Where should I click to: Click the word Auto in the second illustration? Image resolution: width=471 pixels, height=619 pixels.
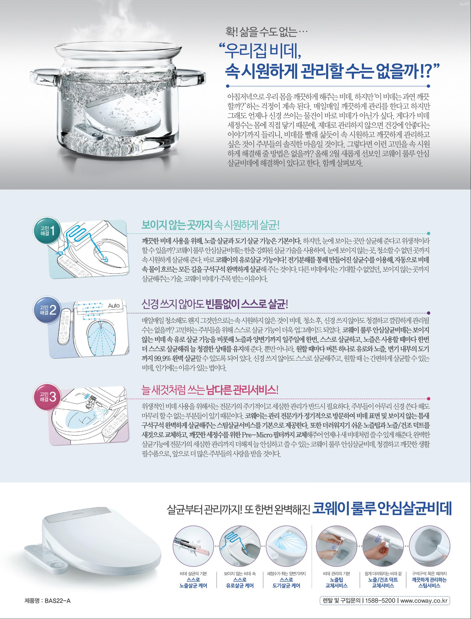coord(114,306)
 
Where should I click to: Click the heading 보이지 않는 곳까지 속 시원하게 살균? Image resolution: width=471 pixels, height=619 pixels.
coord(210,225)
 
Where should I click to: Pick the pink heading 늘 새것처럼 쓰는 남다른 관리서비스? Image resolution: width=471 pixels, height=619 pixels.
coord(210,390)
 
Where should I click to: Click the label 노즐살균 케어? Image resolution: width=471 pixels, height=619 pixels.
coord(193,585)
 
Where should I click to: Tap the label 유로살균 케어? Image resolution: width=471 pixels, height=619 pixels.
coord(240,585)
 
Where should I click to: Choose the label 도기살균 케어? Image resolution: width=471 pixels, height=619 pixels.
coord(286,585)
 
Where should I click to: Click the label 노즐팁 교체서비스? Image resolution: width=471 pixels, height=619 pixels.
coord(336,583)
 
